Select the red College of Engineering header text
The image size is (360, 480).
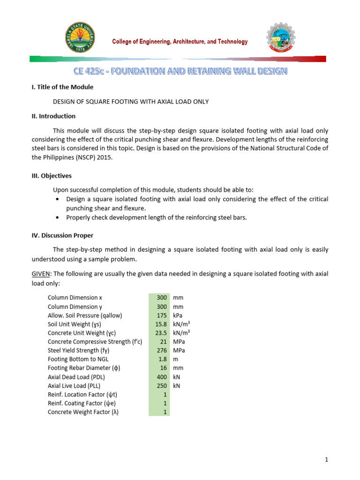(180, 42)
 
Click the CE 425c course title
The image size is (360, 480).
(180, 71)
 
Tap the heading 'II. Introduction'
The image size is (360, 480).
(53, 116)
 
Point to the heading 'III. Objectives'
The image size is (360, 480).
(52, 176)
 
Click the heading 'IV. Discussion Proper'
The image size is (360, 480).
(62, 235)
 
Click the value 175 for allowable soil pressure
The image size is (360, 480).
(162, 315)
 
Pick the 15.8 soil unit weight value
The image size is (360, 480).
(161, 324)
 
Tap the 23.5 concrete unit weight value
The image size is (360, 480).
(161, 333)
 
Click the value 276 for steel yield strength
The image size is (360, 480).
(162, 350)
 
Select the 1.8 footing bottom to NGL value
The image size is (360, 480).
(163, 359)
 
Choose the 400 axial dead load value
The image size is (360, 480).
(162, 377)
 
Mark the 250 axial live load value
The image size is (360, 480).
(162, 385)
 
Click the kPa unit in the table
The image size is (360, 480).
(179, 315)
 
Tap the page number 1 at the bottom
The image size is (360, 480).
(326, 460)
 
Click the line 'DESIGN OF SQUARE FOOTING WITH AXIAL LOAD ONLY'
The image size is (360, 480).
(130, 101)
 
